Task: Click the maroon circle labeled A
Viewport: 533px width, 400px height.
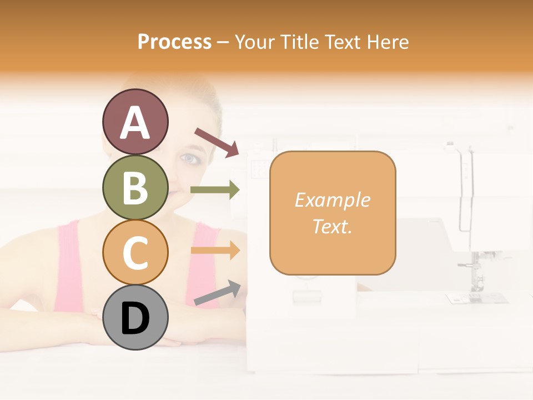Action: click(135, 122)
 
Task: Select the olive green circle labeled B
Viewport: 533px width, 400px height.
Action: click(135, 187)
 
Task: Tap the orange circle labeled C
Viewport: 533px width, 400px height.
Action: click(135, 252)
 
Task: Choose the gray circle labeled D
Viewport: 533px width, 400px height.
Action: click(135, 318)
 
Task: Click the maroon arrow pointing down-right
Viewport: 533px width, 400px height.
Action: click(217, 142)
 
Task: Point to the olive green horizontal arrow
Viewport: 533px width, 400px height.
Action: click(215, 190)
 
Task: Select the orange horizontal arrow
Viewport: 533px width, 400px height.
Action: click(215, 251)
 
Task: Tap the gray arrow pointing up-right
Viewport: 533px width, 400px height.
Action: click(217, 293)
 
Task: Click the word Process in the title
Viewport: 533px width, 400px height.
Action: click(174, 42)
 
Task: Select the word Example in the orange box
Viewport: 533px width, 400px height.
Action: click(332, 200)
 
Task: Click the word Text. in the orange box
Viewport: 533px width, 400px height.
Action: click(332, 226)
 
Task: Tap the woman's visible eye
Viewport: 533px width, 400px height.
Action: click(190, 159)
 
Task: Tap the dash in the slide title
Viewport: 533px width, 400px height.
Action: click(223, 42)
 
